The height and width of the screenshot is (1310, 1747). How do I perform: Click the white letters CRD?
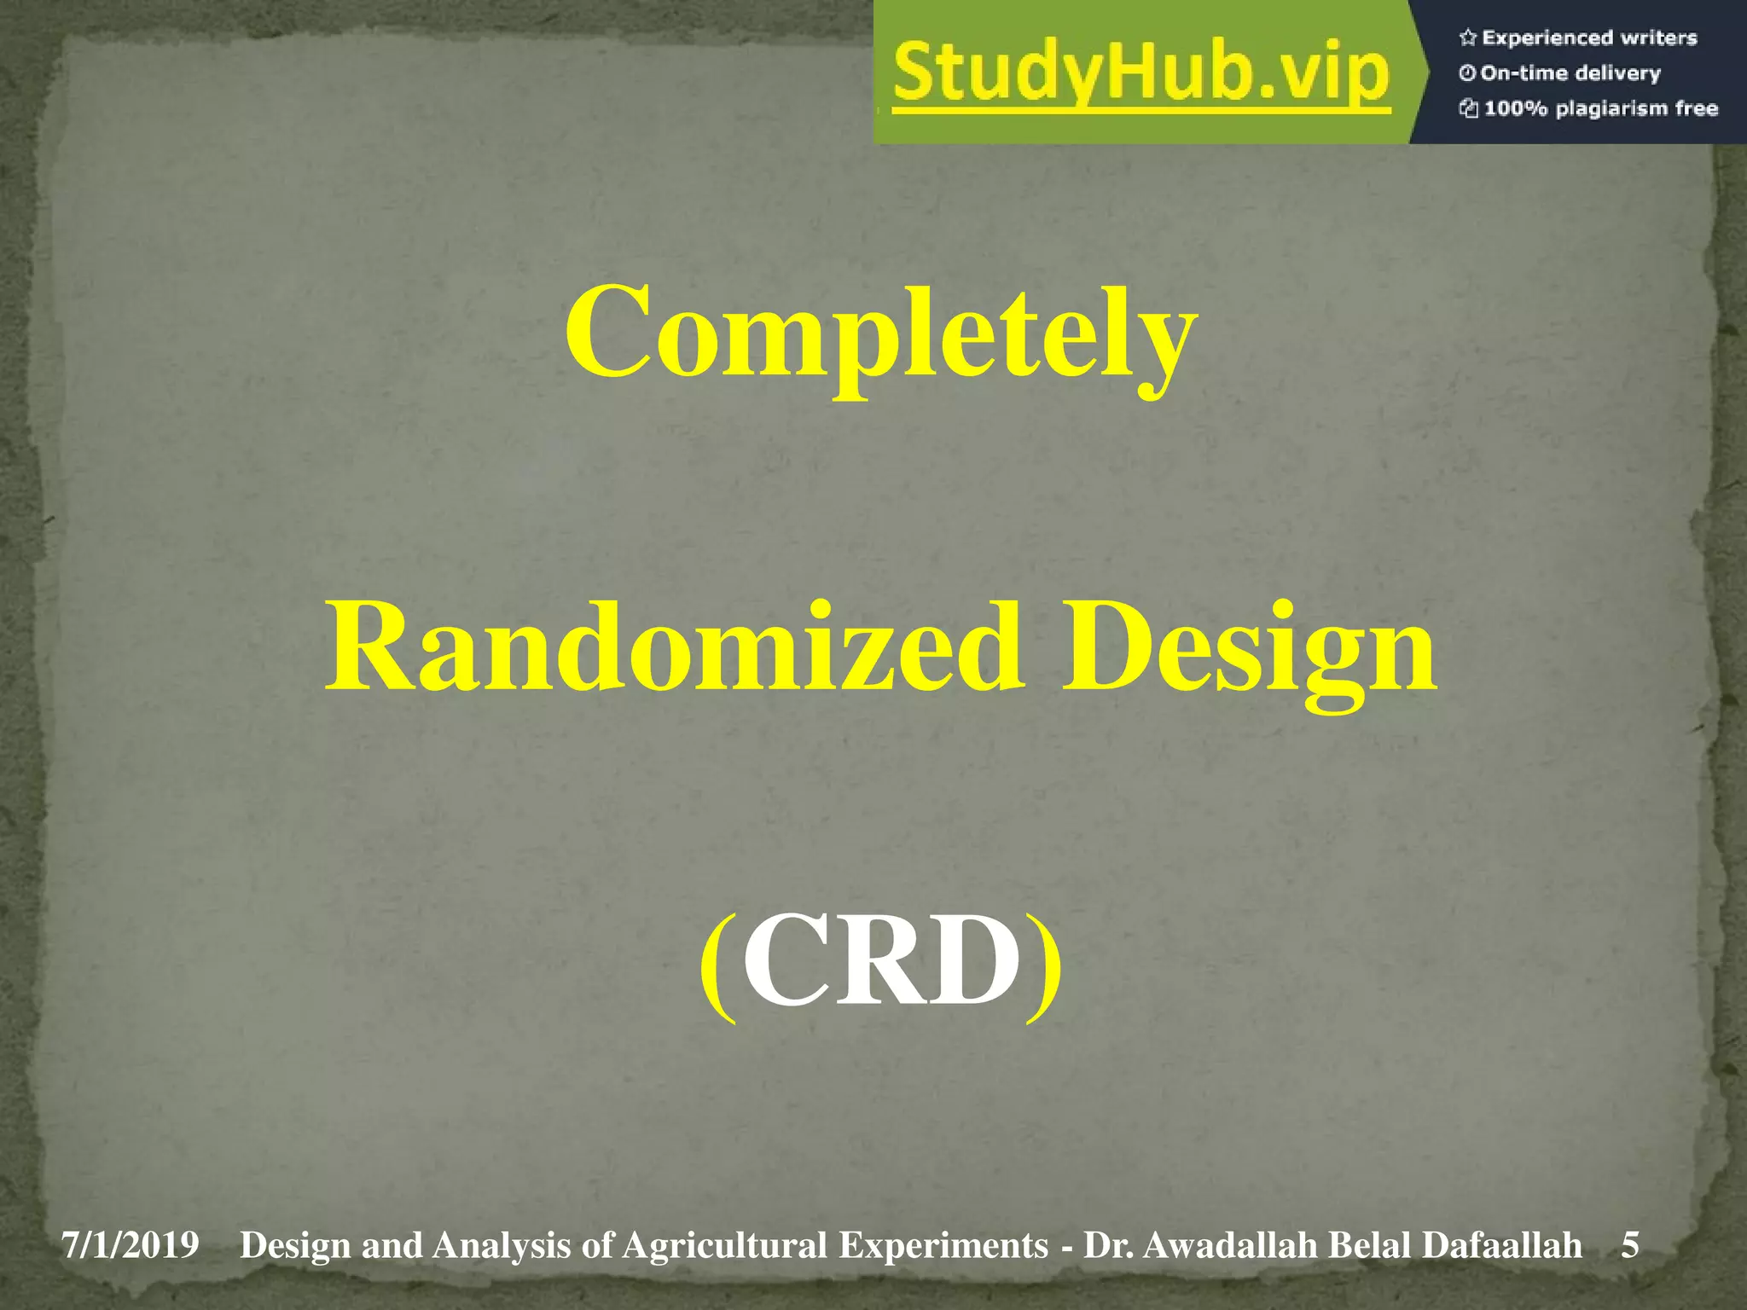(881, 961)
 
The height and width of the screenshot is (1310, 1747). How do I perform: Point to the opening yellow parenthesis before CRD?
(718, 964)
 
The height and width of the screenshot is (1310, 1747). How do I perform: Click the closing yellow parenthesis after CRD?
(1044, 964)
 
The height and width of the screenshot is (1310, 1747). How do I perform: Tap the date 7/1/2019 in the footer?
(130, 1245)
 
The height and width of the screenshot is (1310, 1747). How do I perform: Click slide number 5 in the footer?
(1630, 1245)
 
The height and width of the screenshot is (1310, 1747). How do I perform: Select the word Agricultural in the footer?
(724, 1245)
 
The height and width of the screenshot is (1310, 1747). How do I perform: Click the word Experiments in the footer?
(943, 1245)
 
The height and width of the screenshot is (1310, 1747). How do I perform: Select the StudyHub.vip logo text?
(1141, 75)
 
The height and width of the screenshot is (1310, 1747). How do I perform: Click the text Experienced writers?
(1589, 38)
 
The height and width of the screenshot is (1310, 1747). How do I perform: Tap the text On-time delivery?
(1570, 73)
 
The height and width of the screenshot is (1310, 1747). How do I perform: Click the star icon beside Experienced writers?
(1467, 38)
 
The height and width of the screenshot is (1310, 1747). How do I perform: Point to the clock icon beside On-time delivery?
(1467, 73)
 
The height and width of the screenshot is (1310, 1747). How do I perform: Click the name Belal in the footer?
(1370, 1245)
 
